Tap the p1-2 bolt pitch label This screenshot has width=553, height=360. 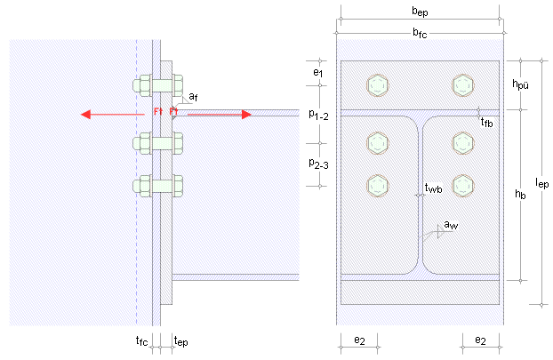point(317,114)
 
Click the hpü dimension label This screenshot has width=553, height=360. point(523,84)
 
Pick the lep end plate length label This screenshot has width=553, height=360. point(542,182)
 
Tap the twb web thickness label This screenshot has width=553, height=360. point(433,188)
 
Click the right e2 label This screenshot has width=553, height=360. point(480,340)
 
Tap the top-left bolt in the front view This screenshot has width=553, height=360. point(376,85)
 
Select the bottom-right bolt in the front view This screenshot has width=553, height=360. point(461,185)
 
